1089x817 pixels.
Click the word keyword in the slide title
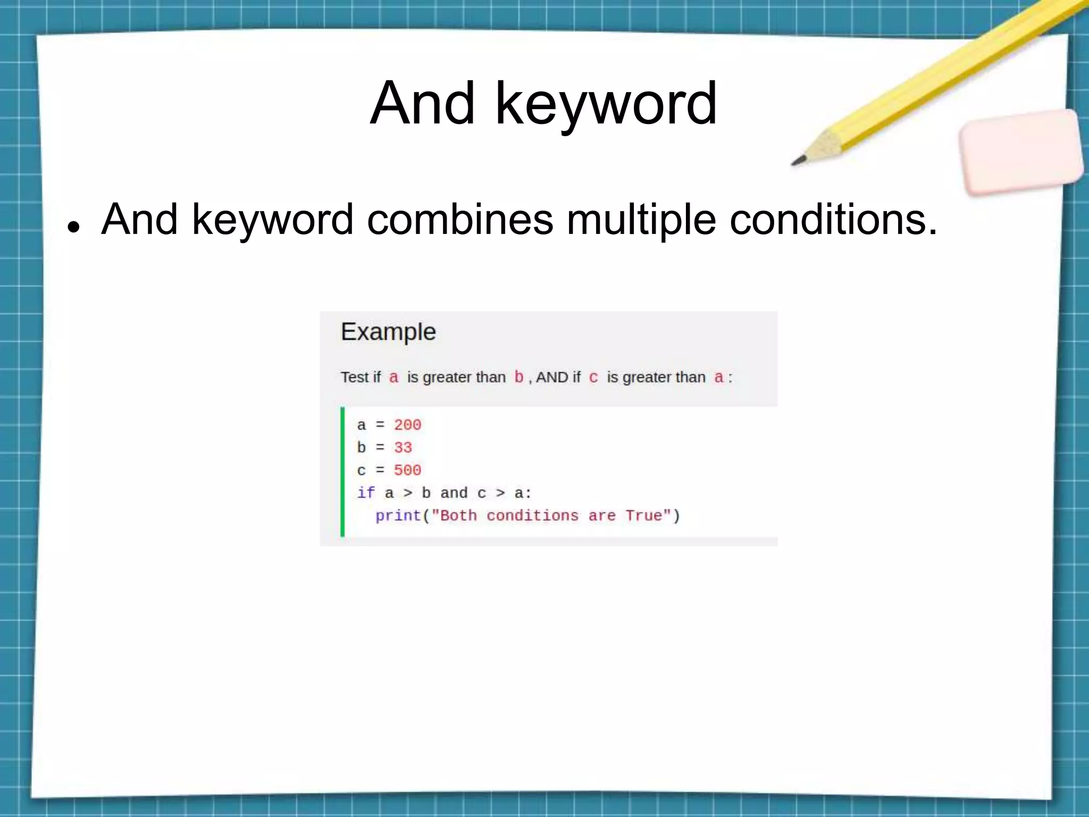point(606,104)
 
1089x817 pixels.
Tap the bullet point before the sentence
point(73,227)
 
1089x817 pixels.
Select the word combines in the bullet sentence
point(460,219)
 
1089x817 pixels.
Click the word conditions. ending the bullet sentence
point(833,219)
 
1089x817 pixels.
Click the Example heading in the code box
point(388,332)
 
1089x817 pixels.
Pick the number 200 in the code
point(407,425)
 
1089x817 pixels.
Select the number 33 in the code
point(403,447)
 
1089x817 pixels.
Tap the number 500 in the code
point(407,470)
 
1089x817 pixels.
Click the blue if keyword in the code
point(365,493)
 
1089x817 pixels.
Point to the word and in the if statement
point(454,493)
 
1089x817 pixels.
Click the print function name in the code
point(398,515)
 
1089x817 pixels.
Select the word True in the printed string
point(643,515)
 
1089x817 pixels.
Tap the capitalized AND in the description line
point(552,377)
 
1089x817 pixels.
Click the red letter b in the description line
point(518,377)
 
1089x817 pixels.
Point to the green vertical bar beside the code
point(342,471)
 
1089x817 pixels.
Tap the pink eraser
point(1021,152)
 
